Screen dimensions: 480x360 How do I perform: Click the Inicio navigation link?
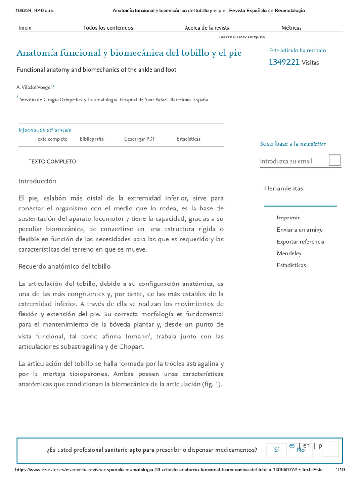(25, 28)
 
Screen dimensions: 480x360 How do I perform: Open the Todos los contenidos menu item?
(108, 28)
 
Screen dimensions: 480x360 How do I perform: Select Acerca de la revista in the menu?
(207, 28)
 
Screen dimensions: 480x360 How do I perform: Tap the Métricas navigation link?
(291, 28)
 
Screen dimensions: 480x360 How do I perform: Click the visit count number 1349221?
(284, 62)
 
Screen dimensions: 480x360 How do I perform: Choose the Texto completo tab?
(52, 139)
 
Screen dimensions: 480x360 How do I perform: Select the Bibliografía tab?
(91, 139)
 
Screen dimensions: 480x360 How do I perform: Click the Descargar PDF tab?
(140, 139)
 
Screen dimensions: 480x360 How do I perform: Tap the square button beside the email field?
(335, 160)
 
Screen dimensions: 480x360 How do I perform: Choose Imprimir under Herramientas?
(288, 217)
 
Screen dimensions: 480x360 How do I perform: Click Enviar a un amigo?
(300, 230)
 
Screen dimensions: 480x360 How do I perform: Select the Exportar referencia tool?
(300, 242)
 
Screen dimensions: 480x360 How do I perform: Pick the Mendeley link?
(289, 254)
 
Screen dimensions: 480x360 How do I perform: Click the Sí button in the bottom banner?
(276, 450)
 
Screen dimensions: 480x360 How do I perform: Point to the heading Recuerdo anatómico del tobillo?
(64, 266)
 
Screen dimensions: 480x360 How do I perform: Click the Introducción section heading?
(37, 181)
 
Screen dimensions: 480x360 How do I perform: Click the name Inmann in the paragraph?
(136, 337)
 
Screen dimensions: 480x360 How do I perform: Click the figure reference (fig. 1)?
(209, 384)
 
